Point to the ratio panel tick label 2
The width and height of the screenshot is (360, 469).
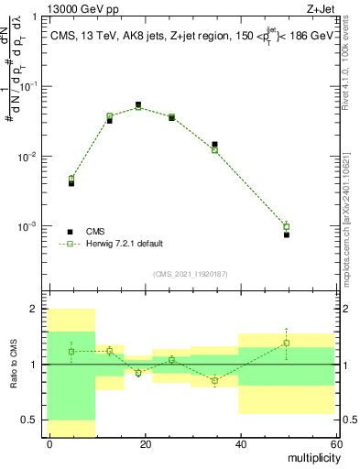click(x=36, y=310)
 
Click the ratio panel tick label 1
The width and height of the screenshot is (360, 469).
click(x=36, y=365)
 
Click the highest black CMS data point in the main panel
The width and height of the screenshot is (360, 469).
click(x=138, y=105)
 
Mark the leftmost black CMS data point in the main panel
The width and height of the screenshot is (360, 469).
click(x=71, y=183)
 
